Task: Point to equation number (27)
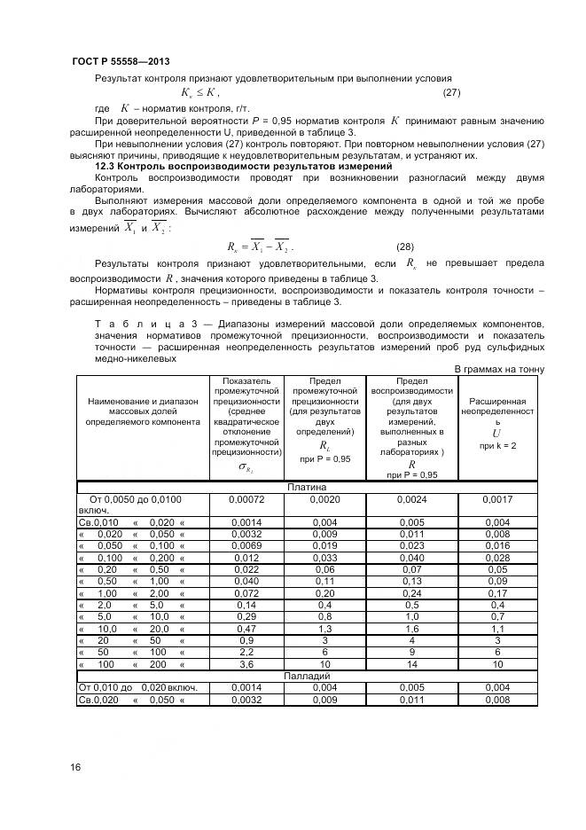[450, 92]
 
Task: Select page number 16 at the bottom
[74, 767]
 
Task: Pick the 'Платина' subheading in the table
[306, 487]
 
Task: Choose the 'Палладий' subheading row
[306, 676]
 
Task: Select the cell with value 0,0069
[246, 546]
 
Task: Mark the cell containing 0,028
[497, 559]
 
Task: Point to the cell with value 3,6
[246, 663]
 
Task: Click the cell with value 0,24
[411, 593]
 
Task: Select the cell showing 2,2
[246, 651]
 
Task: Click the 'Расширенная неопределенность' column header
[497, 418]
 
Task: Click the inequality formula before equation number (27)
[199, 92]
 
